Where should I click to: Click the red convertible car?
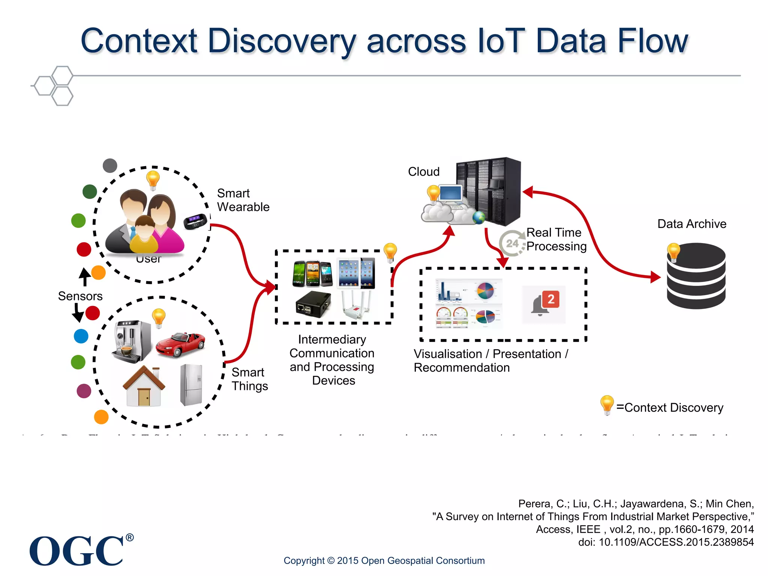pos(180,344)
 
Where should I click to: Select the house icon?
pos(144,386)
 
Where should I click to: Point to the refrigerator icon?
pos(192,385)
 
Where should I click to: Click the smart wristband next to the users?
pos(195,221)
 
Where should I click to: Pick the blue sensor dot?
pos(81,336)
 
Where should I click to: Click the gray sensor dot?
pos(110,165)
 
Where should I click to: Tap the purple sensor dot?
pos(84,391)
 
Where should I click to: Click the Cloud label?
pos(424,172)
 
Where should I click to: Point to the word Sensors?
pos(80,296)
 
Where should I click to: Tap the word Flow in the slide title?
pos(653,41)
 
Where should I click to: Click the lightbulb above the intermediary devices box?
pos(390,252)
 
